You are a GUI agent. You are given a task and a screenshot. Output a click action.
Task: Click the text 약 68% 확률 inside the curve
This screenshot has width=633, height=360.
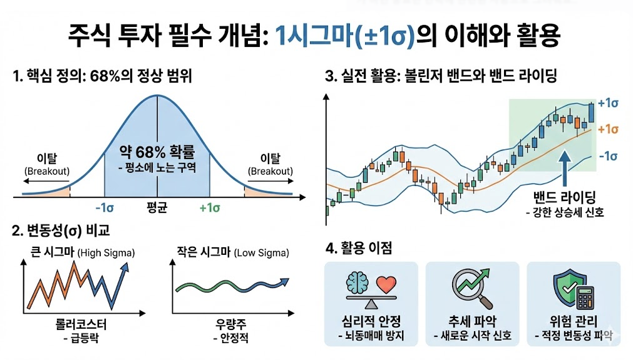[156, 152]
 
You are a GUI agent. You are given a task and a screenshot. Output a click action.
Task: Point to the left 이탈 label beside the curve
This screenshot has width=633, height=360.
[46, 159]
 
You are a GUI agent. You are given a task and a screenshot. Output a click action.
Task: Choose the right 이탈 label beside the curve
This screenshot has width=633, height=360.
[270, 159]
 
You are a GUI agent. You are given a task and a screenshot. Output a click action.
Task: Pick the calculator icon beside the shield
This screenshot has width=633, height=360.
[585, 297]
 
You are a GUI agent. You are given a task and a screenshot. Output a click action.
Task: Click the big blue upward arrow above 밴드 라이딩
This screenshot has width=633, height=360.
[566, 163]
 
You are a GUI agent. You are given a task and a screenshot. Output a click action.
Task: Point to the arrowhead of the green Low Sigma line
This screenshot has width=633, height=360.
[285, 279]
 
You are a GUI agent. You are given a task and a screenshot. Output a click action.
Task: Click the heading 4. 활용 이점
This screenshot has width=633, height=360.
[359, 248]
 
